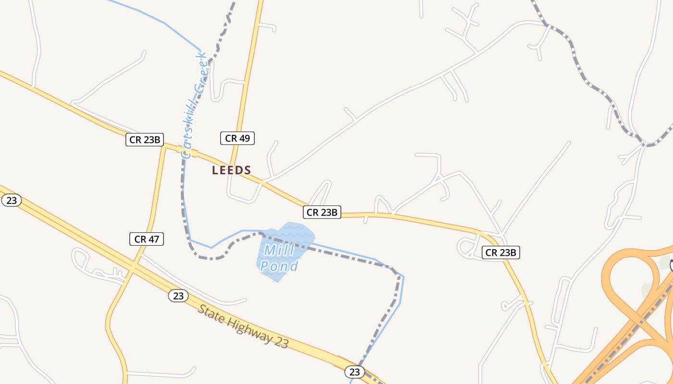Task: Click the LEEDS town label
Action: coord(232,170)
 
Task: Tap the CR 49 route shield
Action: coord(237,138)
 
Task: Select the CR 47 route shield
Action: coord(147,239)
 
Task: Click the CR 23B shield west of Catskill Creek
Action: coord(145,140)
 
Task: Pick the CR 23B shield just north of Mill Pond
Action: coord(322,212)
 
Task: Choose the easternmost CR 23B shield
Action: coord(501,252)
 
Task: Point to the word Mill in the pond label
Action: coord(279,250)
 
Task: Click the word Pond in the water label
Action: coord(280,266)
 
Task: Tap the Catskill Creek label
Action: coord(194,106)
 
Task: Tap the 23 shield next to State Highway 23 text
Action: coord(178,296)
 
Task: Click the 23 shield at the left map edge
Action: coord(11,200)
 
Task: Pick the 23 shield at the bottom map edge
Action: coord(354,372)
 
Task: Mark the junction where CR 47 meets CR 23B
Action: coord(164,146)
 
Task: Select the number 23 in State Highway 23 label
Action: coord(282,342)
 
